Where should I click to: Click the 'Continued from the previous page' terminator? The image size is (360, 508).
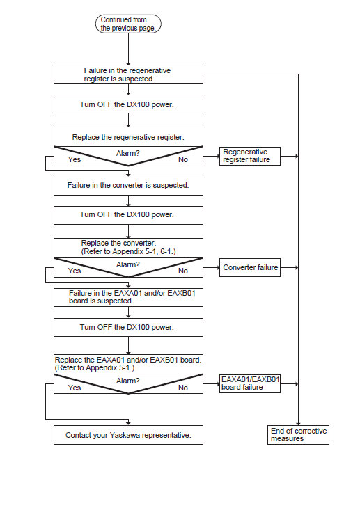[x=128, y=24]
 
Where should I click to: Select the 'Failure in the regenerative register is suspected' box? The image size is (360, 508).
[x=128, y=74]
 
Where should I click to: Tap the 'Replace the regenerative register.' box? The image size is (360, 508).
[x=128, y=137]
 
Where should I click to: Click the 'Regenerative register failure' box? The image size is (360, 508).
[x=250, y=156]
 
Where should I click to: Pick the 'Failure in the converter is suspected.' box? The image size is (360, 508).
[x=128, y=186]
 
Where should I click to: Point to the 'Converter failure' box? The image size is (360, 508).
[x=250, y=268]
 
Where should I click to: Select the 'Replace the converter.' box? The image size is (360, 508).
[x=128, y=248]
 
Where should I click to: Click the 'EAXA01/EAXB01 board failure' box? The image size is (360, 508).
[x=250, y=384]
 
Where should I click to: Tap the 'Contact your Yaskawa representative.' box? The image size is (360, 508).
[x=128, y=435]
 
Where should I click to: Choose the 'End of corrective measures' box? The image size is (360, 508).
[x=299, y=435]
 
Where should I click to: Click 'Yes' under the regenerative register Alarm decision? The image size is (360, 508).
[x=75, y=160]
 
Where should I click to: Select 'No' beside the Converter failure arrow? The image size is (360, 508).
[x=183, y=271]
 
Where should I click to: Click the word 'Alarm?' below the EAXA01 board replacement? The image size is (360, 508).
[x=128, y=381]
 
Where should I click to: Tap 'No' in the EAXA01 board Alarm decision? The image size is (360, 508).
[x=183, y=388]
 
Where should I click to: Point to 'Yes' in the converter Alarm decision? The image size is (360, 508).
[x=75, y=271]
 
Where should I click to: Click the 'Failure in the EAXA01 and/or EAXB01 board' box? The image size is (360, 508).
[x=128, y=297]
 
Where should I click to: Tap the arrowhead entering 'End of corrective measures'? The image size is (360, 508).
[x=299, y=424]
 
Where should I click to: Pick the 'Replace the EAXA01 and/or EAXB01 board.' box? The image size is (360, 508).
[x=128, y=365]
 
